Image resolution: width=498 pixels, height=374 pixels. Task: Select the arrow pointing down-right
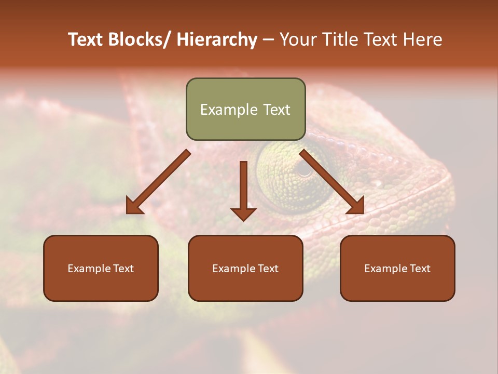(x=332, y=182)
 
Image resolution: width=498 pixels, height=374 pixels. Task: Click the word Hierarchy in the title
(x=216, y=39)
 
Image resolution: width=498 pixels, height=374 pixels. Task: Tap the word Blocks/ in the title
(x=140, y=39)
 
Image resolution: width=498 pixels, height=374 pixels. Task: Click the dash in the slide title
(x=268, y=39)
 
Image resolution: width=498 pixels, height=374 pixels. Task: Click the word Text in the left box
(x=123, y=269)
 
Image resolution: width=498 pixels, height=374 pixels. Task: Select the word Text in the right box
(x=420, y=269)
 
